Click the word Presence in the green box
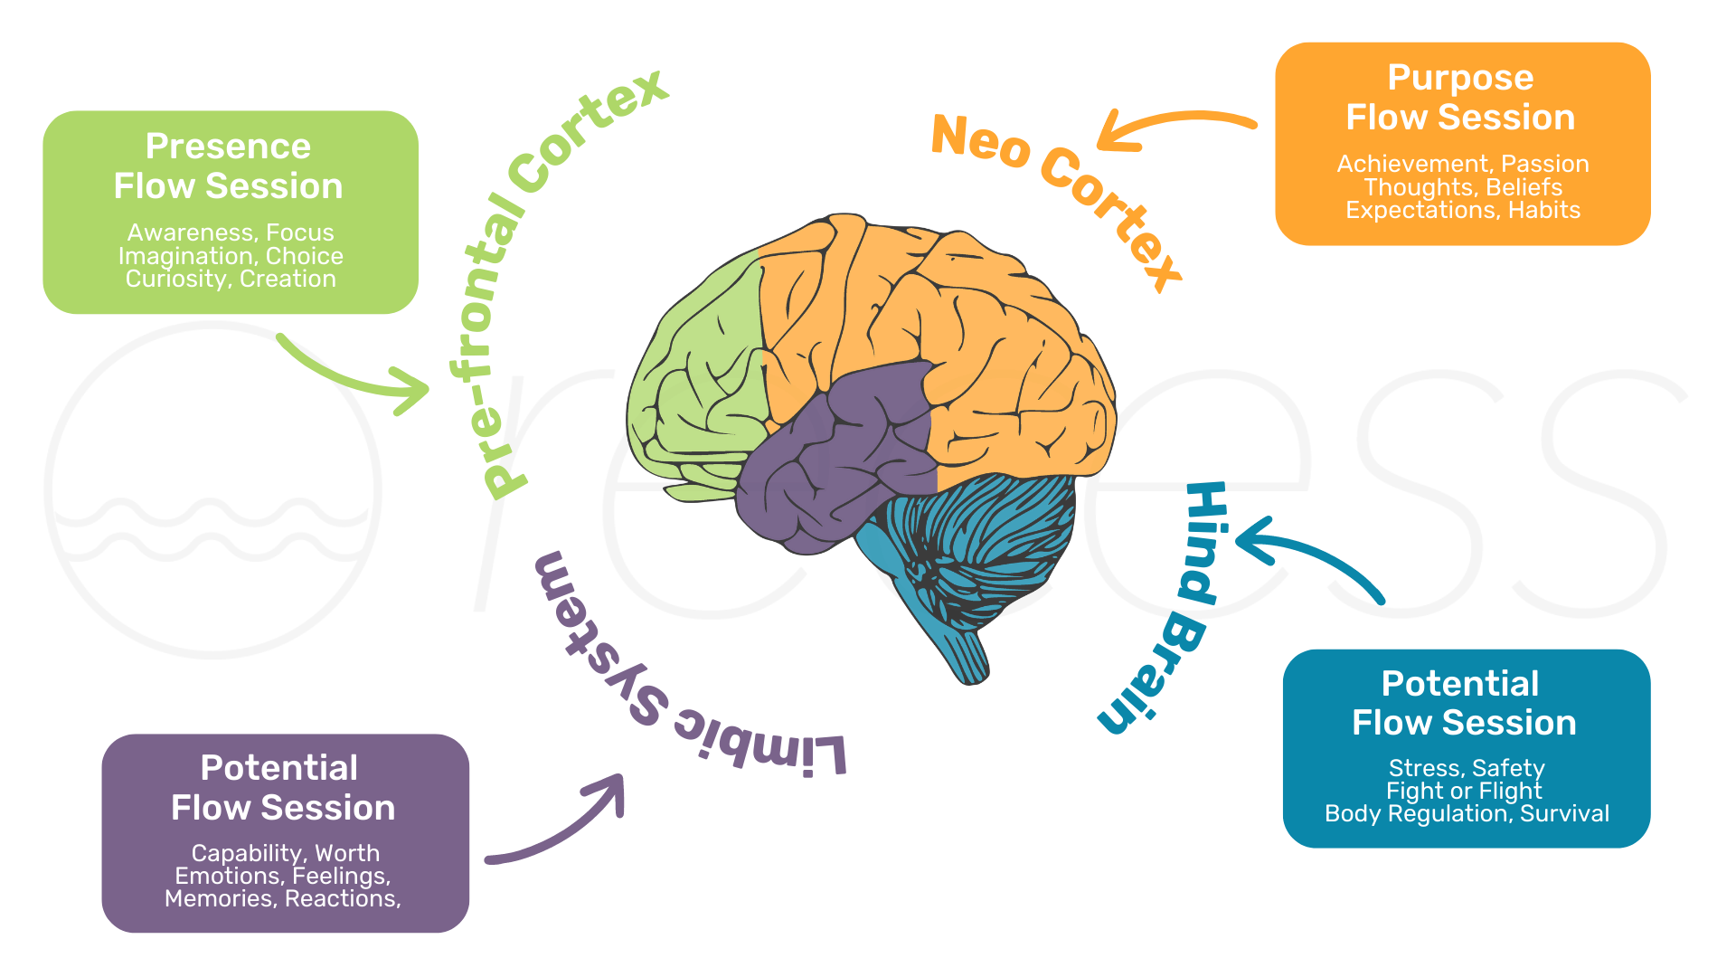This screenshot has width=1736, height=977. click(x=228, y=147)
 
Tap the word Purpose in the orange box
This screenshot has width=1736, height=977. click(x=1460, y=78)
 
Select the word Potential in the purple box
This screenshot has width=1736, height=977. click(x=278, y=768)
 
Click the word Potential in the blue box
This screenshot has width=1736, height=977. click(x=1459, y=684)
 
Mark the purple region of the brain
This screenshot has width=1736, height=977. click(x=832, y=452)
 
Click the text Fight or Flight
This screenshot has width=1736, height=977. click(x=1464, y=791)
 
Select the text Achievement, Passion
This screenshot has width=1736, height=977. click(x=1462, y=164)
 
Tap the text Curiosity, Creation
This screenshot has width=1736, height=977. click(x=231, y=279)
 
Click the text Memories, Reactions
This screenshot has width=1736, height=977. click(x=282, y=898)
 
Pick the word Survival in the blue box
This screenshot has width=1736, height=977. click(x=1564, y=813)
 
